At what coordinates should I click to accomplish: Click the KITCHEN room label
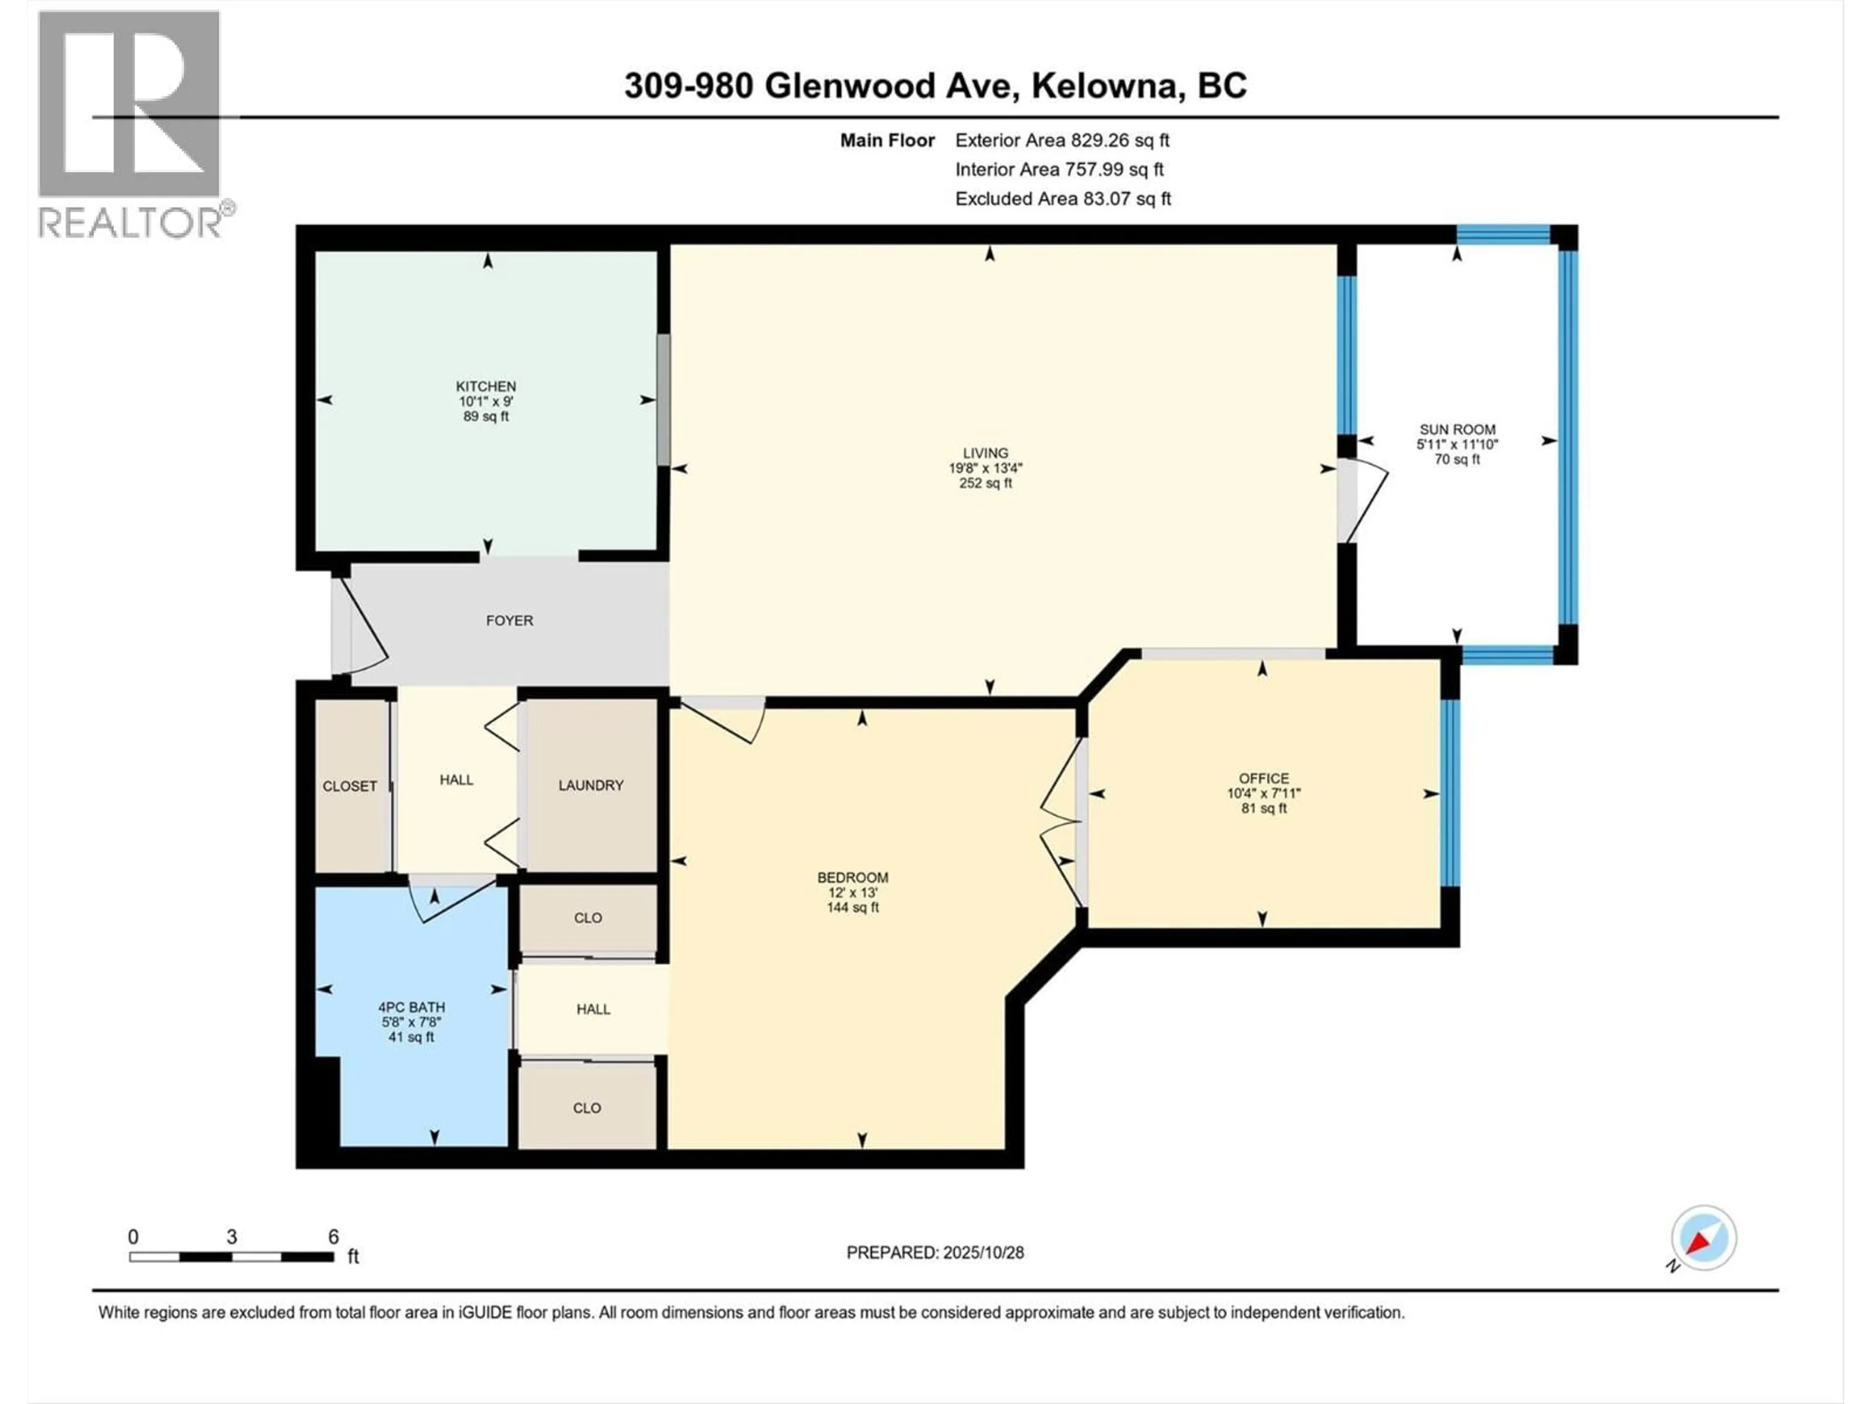click(x=486, y=387)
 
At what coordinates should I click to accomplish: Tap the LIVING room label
click(x=985, y=453)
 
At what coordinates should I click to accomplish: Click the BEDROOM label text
click(x=852, y=877)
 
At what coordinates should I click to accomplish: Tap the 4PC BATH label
click(x=411, y=1007)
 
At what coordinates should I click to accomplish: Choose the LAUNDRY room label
click(x=591, y=785)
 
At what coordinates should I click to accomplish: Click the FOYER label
click(x=509, y=620)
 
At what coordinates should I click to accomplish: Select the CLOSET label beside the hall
click(x=350, y=786)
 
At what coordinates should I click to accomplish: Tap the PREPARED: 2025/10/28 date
click(x=935, y=1252)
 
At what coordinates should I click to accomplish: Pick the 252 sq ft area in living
click(x=985, y=483)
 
